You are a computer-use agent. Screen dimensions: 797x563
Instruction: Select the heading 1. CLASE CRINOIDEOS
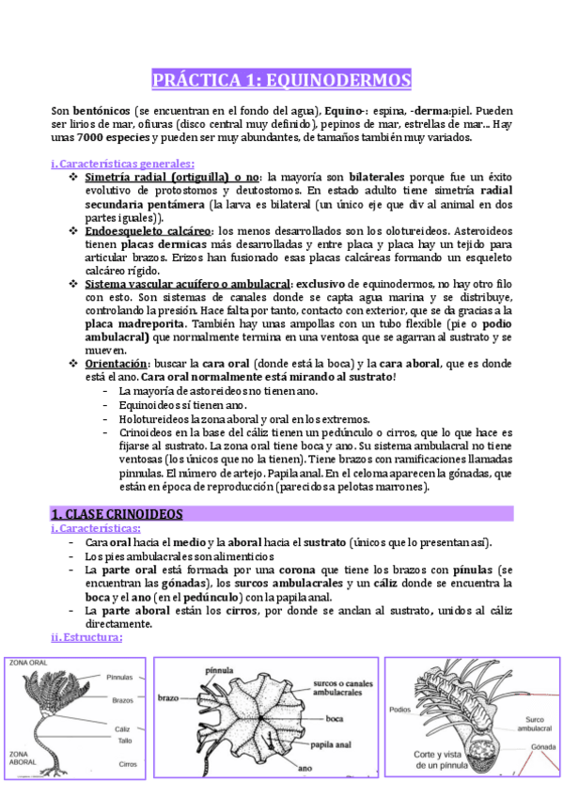coord(117,514)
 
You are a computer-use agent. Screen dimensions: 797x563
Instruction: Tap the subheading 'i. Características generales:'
coord(122,164)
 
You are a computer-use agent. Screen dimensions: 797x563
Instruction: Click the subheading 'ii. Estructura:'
coord(86,638)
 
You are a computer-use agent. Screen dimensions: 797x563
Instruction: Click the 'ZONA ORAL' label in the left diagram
coord(29,663)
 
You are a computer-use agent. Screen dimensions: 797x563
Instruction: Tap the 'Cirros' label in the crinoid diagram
coord(128,764)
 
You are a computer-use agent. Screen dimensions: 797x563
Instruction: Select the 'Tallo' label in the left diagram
coord(123,740)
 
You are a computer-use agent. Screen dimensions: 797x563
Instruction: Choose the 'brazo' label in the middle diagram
coord(169,698)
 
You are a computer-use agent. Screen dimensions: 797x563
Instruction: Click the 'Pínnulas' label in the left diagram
coord(119,676)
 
